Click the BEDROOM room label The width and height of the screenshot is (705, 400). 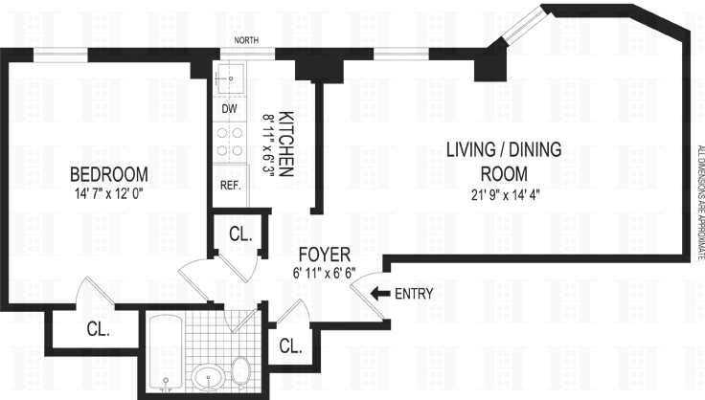click(109, 174)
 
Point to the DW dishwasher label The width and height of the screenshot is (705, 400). click(229, 109)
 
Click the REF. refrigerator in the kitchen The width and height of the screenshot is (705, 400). click(231, 186)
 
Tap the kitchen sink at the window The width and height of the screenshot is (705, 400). click(231, 78)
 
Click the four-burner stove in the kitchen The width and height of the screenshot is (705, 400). click(230, 142)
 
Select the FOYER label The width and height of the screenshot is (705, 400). click(325, 255)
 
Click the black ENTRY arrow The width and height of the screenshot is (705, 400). click(380, 294)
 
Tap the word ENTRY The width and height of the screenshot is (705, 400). click(414, 294)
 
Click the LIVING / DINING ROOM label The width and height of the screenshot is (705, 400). click(504, 162)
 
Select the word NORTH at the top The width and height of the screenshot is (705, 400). click(246, 40)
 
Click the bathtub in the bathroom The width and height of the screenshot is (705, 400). click(166, 353)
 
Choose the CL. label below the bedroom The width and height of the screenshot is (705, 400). click(99, 329)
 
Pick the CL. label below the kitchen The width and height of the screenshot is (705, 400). click(240, 233)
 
